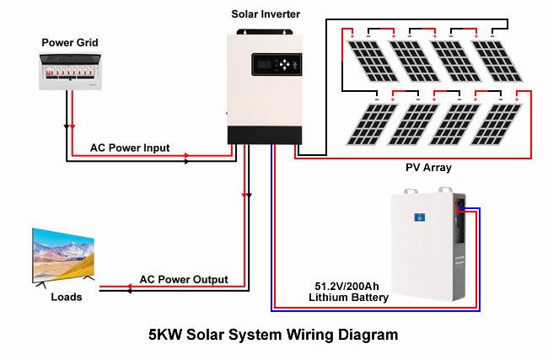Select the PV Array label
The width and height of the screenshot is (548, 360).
[428, 168]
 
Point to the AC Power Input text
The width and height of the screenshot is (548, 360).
[130, 148]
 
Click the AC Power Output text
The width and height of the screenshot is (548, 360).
[184, 279]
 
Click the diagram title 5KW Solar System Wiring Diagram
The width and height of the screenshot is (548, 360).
[272, 335]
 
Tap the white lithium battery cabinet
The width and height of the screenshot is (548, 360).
[416, 249]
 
